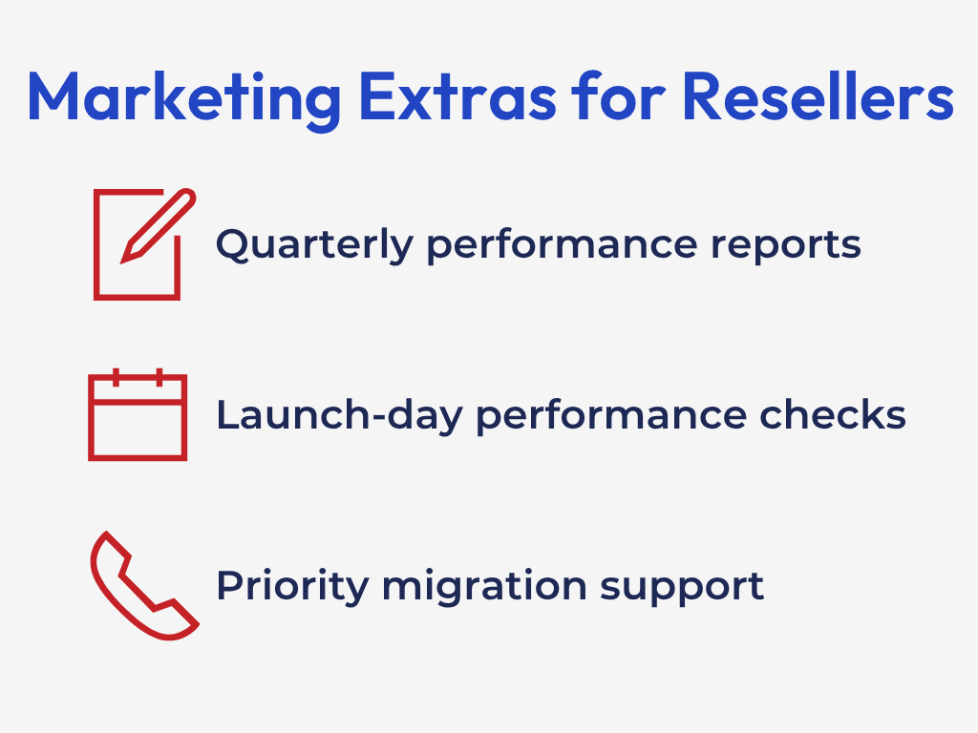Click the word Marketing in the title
pos(181,97)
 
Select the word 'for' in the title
pos(612,97)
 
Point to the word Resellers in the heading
pos(818,97)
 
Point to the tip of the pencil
pos(125,258)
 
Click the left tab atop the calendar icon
pos(115,376)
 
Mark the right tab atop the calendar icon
pos(159,376)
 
